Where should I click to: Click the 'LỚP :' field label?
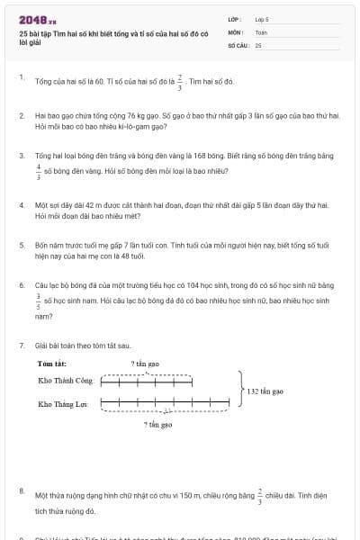coord(234,18)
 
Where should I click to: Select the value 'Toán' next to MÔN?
coord(261,31)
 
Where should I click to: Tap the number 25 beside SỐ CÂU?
coord(258,44)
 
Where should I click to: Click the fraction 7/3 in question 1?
coord(180,82)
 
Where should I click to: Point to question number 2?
coord(22,115)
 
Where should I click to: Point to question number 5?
coord(22,244)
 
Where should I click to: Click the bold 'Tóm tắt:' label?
coord(52,364)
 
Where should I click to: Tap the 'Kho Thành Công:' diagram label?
coord(66,382)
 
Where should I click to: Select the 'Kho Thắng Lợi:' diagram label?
coord(62,404)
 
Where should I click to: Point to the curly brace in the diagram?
coord(241,392)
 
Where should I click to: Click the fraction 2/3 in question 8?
coord(260,493)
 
